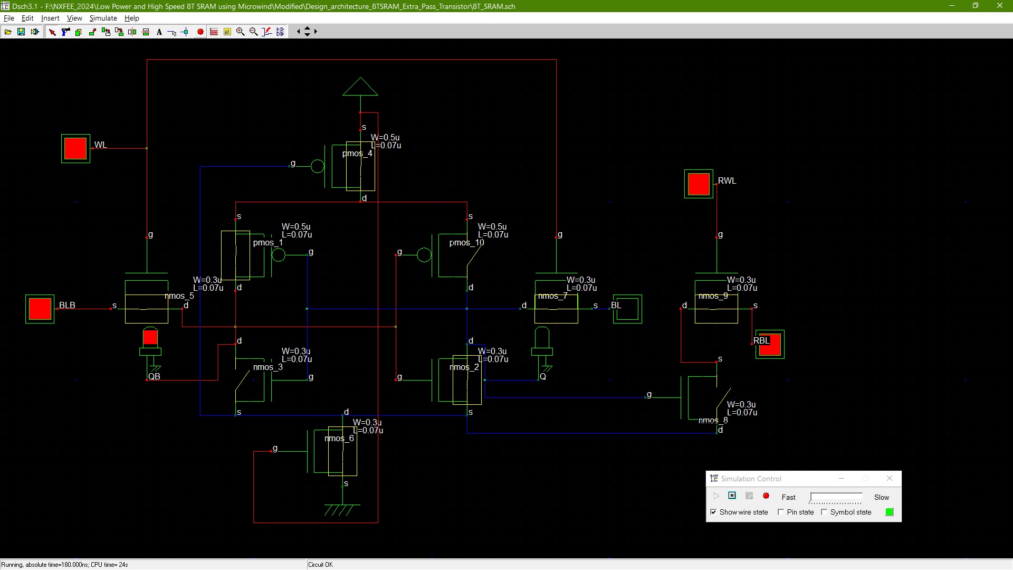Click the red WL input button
pyautogui.click(x=75, y=148)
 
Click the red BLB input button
pyautogui.click(x=40, y=309)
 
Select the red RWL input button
pyautogui.click(x=699, y=184)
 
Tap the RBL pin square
pyautogui.click(x=770, y=344)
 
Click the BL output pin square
pyautogui.click(x=627, y=309)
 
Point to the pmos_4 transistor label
pyautogui.click(x=357, y=154)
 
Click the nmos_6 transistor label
pyautogui.click(x=339, y=439)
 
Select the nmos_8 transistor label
pyautogui.click(x=713, y=421)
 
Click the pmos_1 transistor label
pyautogui.click(x=268, y=243)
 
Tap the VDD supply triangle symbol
pyautogui.click(x=360, y=87)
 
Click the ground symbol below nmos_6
pyautogui.click(x=342, y=510)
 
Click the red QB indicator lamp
pyautogui.click(x=150, y=336)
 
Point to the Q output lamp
pyautogui.click(x=542, y=336)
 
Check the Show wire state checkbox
pyautogui.click(x=713, y=512)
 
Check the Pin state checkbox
pyautogui.click(x=781, y=512)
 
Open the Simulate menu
pyautogui.click(x=103, y=18)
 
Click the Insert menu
pyautogui.click(x=50, y=18)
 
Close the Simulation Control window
pyautogui.click(x=890, y=478)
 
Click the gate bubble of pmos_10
pyautogui.click(x=424, y=255)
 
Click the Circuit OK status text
pyautogui.click(x=320, y=565)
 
